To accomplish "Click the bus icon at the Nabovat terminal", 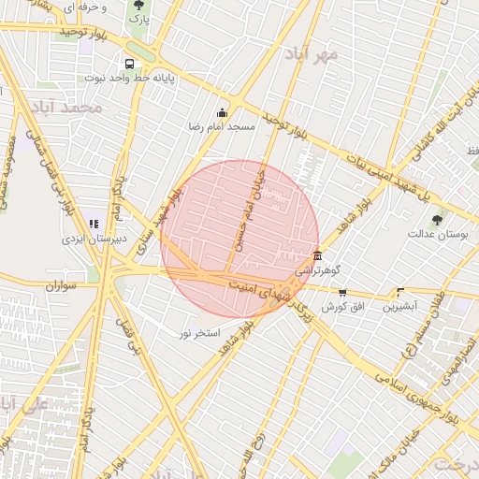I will point(129,65).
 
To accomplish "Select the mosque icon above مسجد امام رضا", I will point(222,113).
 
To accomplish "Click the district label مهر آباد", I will point(312,53).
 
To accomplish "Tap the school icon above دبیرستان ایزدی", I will point(94,224).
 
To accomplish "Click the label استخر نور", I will point(199,333).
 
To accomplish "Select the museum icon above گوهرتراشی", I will point(319,256).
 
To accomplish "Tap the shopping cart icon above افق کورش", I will point(342,293).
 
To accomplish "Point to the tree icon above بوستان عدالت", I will point(437,219).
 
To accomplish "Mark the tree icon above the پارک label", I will point(138,5).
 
